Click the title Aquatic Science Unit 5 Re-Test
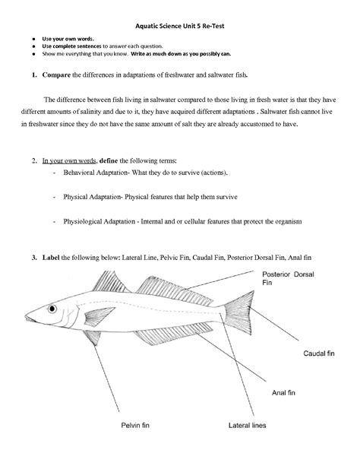tap(179, 25)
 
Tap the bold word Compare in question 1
tap(56, 76)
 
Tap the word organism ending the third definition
tap(286, 221)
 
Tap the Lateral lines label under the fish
tap(247, 426)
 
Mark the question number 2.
tap(34, 161)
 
